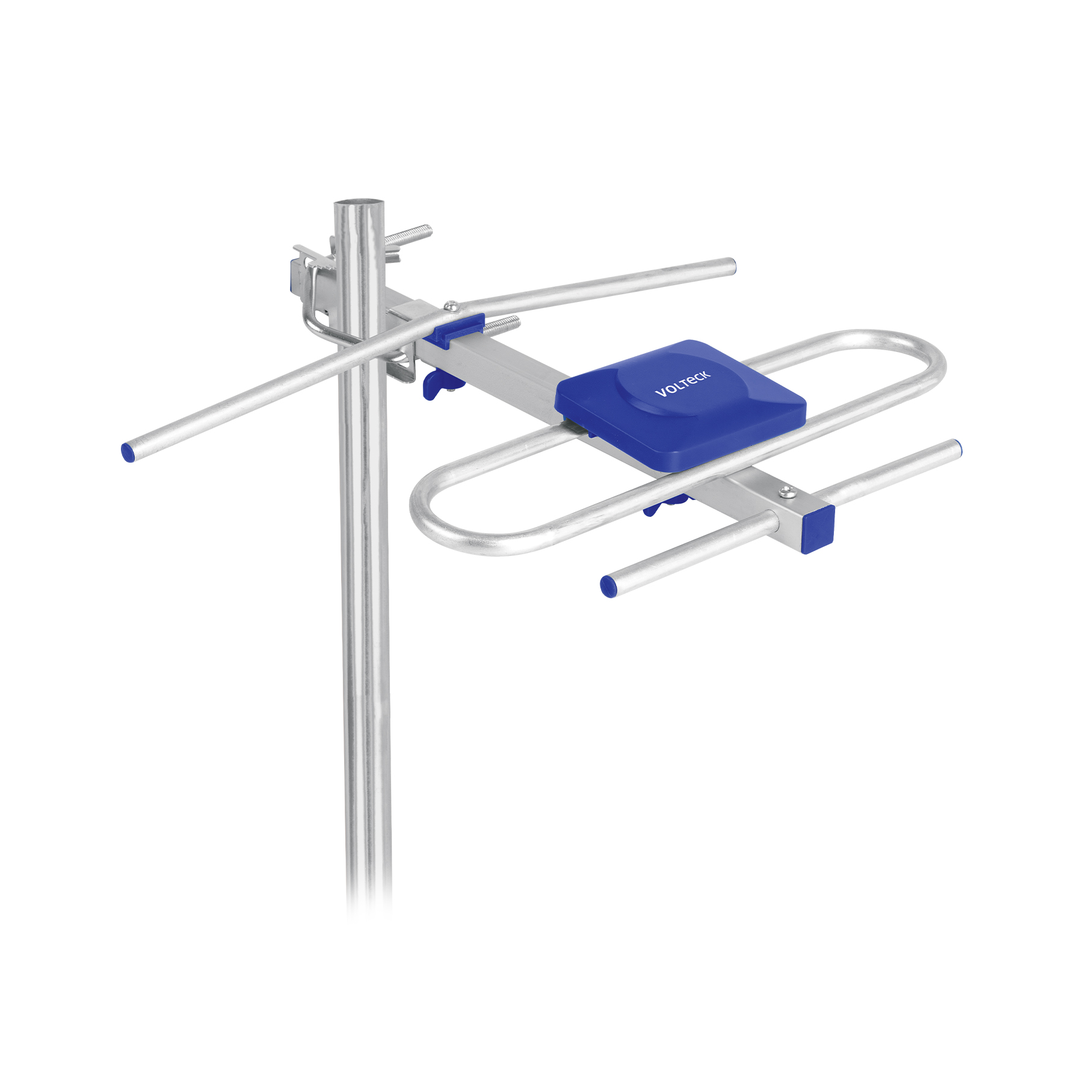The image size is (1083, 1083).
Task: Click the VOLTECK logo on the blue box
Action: point(683,383)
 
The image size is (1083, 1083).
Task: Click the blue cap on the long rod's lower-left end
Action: point(128,452)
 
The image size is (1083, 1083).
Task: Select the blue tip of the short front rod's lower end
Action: point(608,586)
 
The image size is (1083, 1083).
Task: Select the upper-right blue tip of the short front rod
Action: point(957,447)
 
